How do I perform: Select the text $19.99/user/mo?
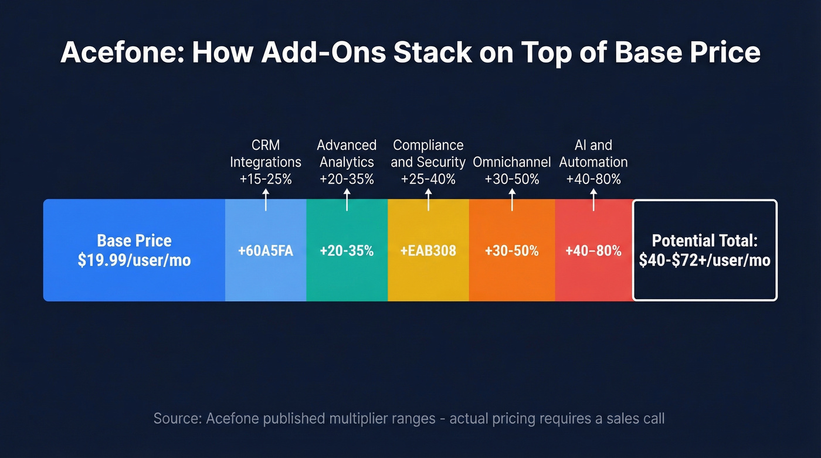coord(134,260)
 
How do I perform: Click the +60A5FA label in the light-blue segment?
coord(266,251)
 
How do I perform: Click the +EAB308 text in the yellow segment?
coord(428,251)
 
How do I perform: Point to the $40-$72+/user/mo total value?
coord(704,260)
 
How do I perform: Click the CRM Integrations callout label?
coord(266,154)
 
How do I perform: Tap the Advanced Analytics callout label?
coord(347,154)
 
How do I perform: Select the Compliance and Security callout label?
coord(428,154)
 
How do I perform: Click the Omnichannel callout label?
coord(512,162)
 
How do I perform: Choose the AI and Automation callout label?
coord(593,154)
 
